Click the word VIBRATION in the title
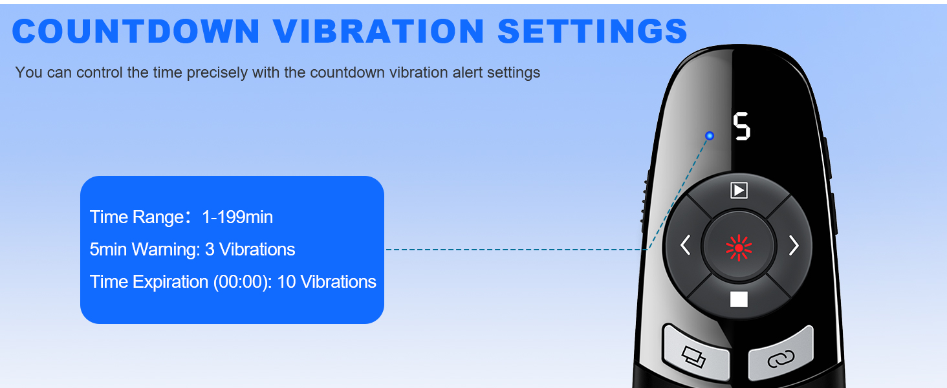[378, 31]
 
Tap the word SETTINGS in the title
[593, 31]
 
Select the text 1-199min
[237, 217]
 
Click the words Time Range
[136, 217]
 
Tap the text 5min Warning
[145, 250]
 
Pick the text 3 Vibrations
[250, 250]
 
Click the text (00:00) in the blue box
[242, 282]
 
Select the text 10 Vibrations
[327, 282]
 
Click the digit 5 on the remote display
[741, 126]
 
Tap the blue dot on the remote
[710, 136]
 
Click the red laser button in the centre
[739, 247]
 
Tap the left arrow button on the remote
[685, 246]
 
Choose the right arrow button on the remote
[794, 246]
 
